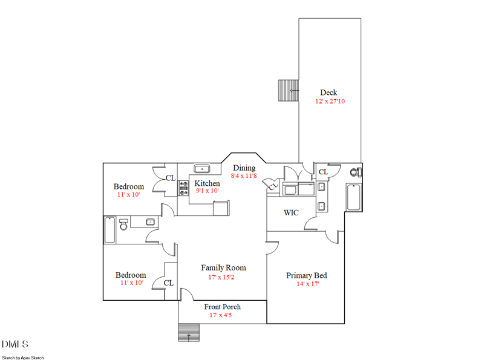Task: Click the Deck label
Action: (329, 93)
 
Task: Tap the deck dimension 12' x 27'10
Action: (330, 102)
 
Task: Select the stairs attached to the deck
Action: (288, 91)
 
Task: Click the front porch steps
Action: (189, 333)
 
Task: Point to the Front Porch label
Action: (222, 307)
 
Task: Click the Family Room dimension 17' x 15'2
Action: (223, 277)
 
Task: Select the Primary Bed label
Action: (307, 275)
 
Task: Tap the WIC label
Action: (291, 213)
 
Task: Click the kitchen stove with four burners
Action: (183, 188)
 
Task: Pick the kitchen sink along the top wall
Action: (201, 169)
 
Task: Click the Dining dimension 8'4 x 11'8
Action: (244, 176)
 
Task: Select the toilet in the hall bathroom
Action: (123, 224)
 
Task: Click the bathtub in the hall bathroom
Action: (110, 230)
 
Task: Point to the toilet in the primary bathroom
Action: (356, 172)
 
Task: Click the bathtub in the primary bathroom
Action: (353, 197)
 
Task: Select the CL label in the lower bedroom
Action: (168, 283)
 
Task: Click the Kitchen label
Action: (207, 183)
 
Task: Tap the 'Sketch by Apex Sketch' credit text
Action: (23, 358)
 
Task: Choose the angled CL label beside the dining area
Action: (273, 186)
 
